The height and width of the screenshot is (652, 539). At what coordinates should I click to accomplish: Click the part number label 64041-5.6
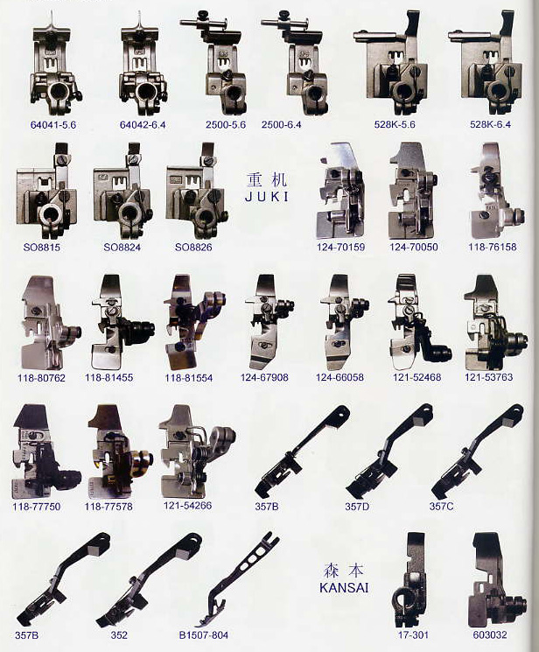(53, 125)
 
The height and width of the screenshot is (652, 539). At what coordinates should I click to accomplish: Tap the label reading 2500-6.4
(281, 125)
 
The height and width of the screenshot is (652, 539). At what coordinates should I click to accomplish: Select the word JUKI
(267, 197)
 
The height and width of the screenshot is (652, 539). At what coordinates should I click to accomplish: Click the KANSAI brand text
(344, 588)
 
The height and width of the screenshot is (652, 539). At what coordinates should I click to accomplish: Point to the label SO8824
(122, 248)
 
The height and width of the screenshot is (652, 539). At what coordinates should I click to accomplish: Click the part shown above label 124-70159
(341, 191)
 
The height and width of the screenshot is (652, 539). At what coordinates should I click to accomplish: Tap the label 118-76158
(493, 247)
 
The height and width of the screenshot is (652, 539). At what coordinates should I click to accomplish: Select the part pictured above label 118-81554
(194, 321)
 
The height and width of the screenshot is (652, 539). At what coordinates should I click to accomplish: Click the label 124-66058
(339, 377)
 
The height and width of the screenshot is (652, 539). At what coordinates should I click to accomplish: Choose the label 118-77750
(37, 507)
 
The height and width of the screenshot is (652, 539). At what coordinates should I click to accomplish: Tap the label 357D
(357, 507)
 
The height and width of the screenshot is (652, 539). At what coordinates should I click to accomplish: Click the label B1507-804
(203, 635)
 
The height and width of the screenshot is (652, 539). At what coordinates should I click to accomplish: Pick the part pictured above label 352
(149, 580)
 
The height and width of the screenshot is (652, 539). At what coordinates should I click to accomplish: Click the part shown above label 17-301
(409, 579)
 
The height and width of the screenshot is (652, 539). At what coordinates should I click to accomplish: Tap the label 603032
(490, 635)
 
